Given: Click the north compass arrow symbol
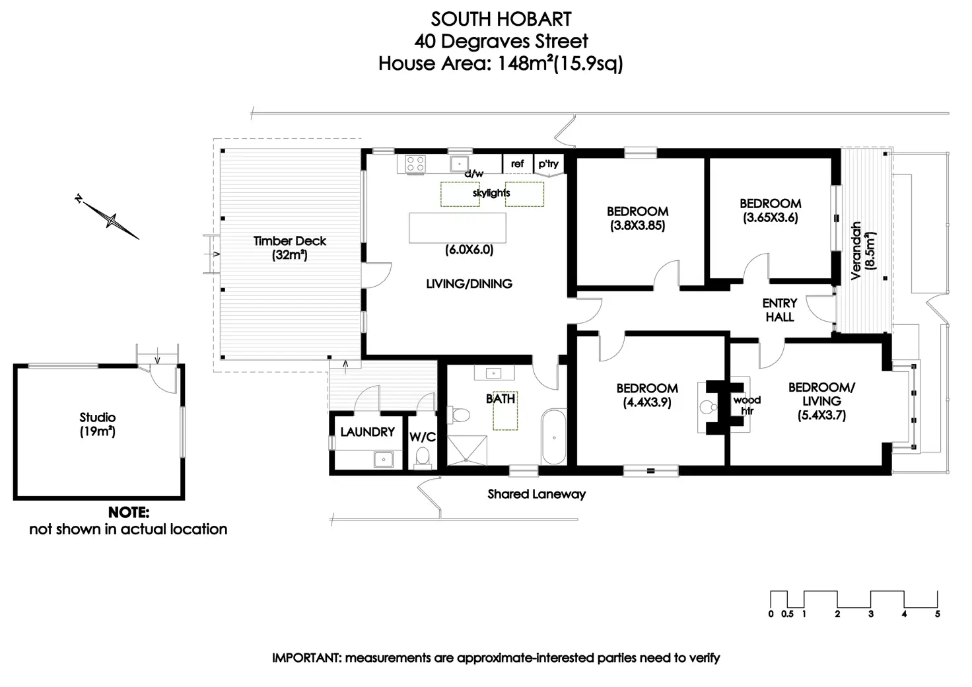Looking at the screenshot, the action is click(108, 218).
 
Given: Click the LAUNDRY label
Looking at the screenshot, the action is click(367, 432).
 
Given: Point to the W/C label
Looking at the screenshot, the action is click(423, 437).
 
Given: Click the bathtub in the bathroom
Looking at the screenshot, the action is click(553, 437).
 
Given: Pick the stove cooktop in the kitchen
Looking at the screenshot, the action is click(415, 163).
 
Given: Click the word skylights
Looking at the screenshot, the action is click(491, 194).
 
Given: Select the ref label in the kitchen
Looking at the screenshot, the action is click(518, 164).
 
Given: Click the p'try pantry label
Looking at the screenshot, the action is click(548, 164).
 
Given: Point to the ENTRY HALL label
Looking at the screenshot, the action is click(780, 310).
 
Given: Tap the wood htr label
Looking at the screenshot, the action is click(747, 405).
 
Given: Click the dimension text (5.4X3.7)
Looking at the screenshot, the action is click(821, 416).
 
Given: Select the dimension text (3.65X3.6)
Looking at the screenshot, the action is click(770, 218).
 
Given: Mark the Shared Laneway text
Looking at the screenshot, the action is click(536, 493).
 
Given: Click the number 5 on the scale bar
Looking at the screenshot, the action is click(938, 614).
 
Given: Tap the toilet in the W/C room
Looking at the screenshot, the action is click(423, 456).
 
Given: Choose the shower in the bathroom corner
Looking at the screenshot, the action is click(468, 450).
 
